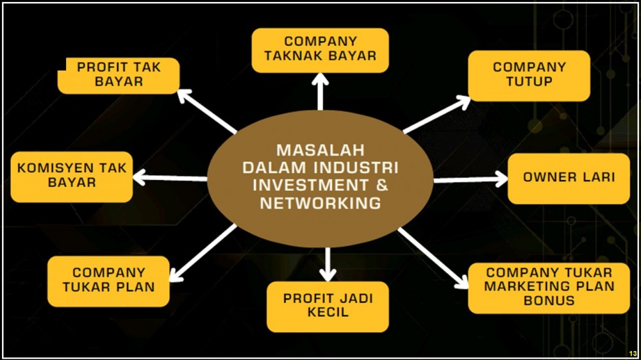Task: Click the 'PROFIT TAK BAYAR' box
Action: [119, 75]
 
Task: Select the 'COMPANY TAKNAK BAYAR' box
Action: [320, 49]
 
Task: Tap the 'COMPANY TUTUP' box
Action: [529, 75]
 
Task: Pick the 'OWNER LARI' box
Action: [569, 177]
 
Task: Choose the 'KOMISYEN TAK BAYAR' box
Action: [72, 176]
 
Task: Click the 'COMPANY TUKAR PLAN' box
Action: [108, 281]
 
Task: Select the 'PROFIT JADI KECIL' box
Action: [328, 306]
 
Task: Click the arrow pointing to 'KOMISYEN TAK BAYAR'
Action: [171, 178]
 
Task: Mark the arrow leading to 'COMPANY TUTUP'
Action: [438, 115]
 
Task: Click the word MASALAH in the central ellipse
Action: [320, 151]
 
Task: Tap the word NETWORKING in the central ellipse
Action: [320, 203]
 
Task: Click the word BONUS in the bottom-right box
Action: [549, 300]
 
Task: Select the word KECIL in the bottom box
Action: [328, 313]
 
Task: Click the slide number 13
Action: [633, 354]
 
